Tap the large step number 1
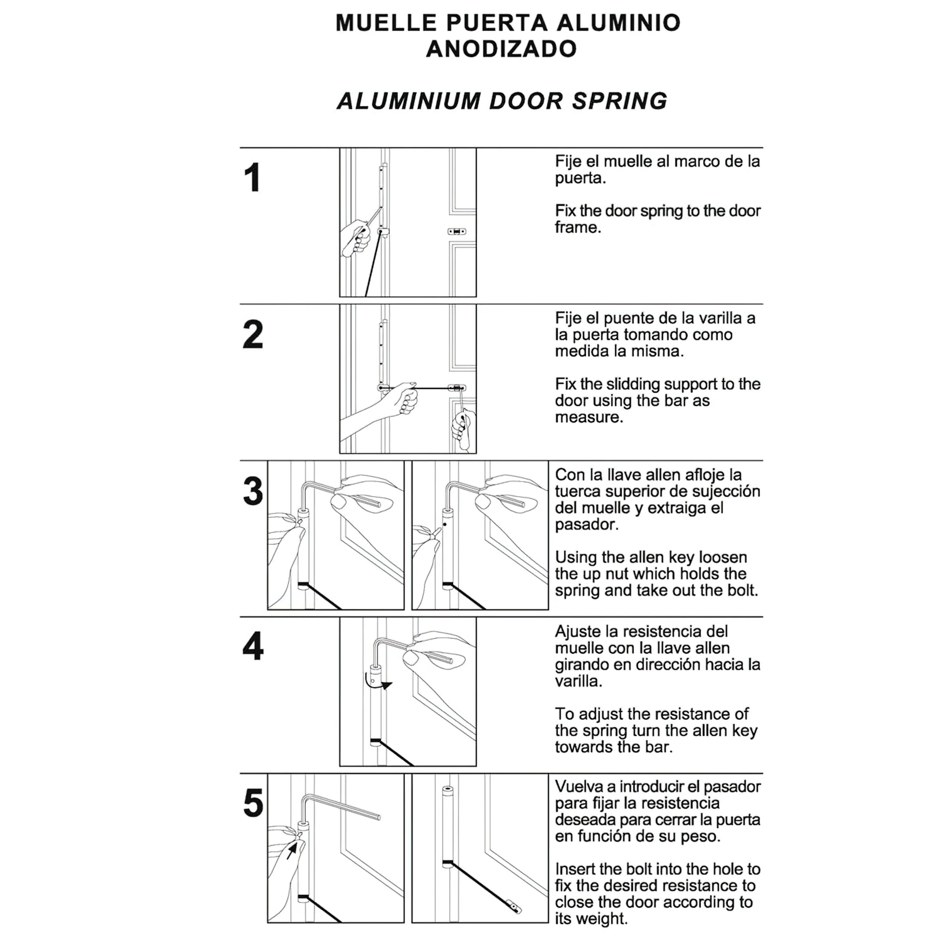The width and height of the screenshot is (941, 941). point(252,178)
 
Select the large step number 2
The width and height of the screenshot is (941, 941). point(253,334)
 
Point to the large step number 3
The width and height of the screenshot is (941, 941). point(253,491)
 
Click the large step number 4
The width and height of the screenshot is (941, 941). point(253,647)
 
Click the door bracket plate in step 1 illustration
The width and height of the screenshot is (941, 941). point(456,232)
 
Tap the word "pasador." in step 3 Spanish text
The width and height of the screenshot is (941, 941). point(586,525)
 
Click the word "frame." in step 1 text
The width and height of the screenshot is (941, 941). point(578,227)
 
